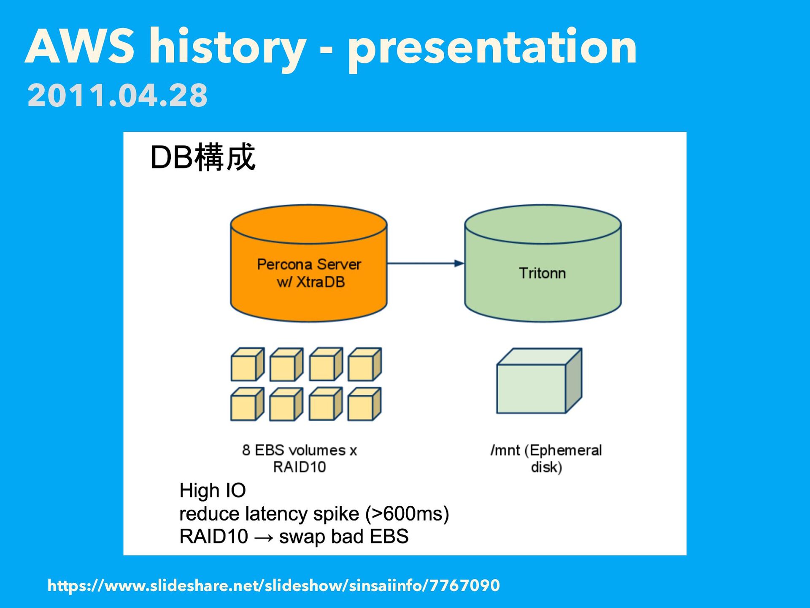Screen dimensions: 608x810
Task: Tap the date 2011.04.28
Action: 117,95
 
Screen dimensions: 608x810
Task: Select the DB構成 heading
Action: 202,157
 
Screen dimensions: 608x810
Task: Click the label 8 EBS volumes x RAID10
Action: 300,459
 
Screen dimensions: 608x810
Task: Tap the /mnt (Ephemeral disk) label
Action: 546,459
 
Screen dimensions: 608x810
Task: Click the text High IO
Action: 212,491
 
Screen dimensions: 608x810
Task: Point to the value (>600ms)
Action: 407,514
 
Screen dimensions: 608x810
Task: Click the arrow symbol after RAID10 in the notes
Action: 264,537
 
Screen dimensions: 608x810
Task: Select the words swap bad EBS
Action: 343,537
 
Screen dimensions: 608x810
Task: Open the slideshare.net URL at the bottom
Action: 273,586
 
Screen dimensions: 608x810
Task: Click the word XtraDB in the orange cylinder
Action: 320,282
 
